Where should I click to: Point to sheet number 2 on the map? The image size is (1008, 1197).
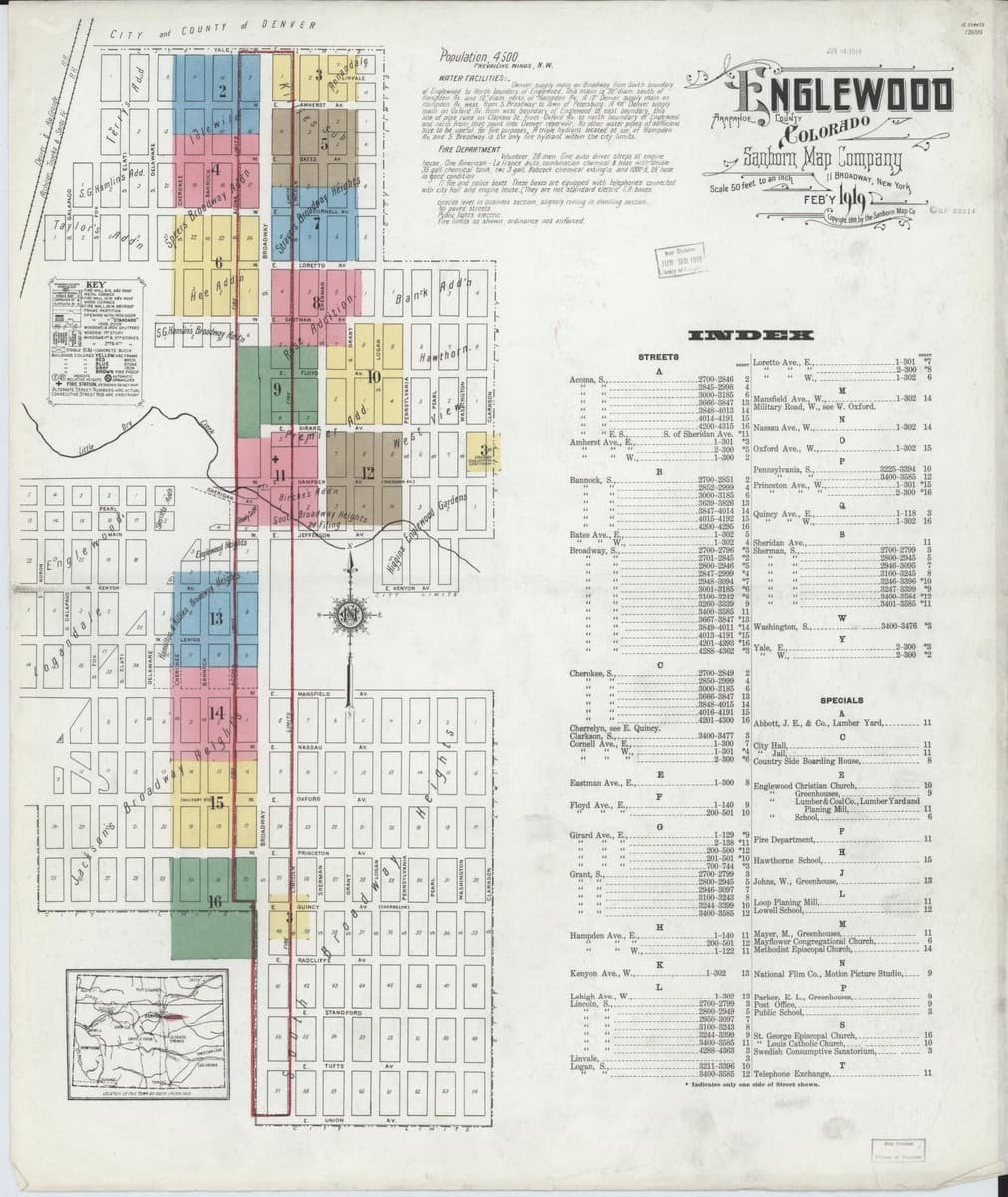pyautogui.click(x=222, y=92)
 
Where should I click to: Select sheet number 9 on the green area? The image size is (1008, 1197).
pyautogui.click(x=279, y=389)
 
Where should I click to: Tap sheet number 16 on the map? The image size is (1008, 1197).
pyautogui.click(x=214, y=901)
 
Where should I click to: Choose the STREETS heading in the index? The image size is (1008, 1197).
pyautogui.click(x=657, y=356)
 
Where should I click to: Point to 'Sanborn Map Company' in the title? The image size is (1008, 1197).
pyautogui.click(x=823, y=157)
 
